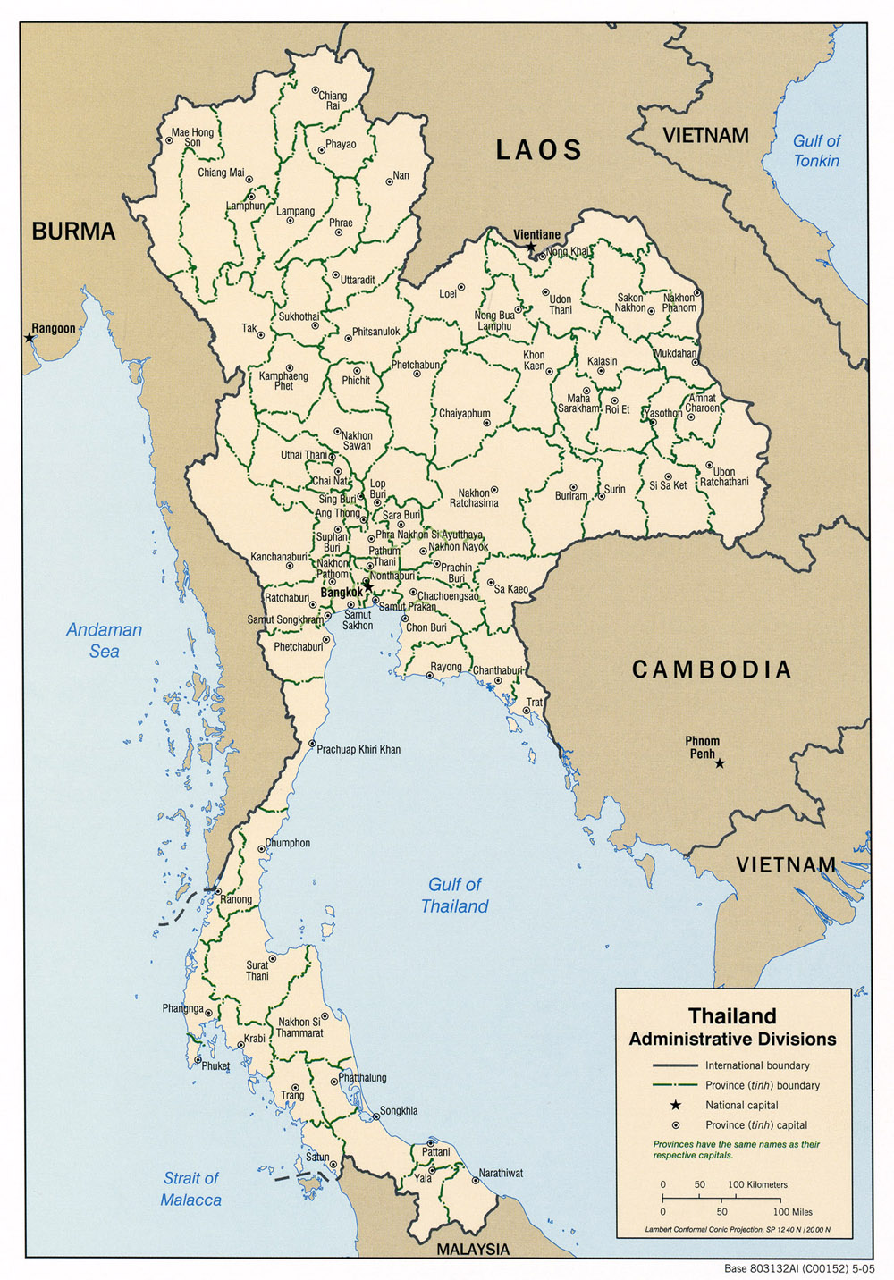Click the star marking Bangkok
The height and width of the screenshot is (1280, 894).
point(368,586)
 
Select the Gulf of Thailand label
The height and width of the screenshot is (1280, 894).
point(455,895)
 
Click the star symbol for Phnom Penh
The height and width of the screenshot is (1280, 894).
point(720,762)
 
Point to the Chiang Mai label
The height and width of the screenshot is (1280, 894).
point(220,173)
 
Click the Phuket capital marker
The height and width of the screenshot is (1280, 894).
point(198,1060)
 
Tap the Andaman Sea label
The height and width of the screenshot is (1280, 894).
point(104,640)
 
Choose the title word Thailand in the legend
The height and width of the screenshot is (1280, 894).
point(731,1015)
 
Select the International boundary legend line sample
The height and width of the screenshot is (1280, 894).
point(675,1065)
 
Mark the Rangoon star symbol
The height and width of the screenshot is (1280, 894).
point(30,338)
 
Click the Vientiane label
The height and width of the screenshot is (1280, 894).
point(536,234)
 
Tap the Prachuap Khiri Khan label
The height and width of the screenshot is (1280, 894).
point(358,749)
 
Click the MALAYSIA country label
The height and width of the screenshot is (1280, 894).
point(472,1249)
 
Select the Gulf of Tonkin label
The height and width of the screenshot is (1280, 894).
point(816,150)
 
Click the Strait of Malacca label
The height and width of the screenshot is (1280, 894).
point(190,1189)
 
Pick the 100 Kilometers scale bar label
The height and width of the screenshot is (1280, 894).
point(757,1184)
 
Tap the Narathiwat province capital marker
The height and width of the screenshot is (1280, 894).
point(475,1180)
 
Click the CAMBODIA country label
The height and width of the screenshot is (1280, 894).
point(712,669)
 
